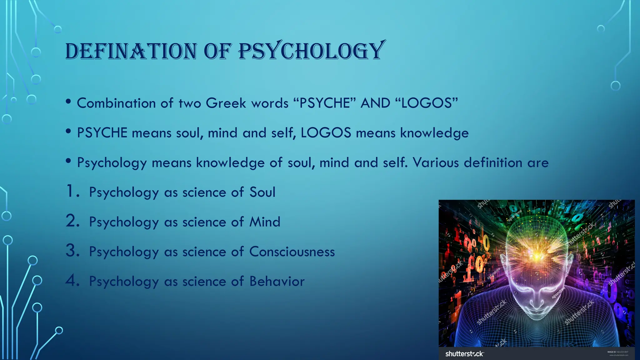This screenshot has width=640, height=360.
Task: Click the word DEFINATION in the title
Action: coord(131,51)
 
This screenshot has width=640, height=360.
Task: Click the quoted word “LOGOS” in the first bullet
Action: coord(427,103)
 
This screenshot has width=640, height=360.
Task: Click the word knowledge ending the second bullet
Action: coord(434,133)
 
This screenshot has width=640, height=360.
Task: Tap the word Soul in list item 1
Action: coord(262,192)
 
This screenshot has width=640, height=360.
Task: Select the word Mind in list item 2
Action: coord(265,222)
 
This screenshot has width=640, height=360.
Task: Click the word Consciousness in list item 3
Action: coord(292,252)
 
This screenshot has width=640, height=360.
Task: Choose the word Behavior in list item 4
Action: coord(277,281)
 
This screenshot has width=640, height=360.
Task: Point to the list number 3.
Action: coord(72,251)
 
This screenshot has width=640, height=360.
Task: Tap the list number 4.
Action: coord(72,281)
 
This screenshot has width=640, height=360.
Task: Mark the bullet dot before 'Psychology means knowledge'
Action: coord(68,161)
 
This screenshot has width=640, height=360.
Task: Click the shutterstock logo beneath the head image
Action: coord(464,354)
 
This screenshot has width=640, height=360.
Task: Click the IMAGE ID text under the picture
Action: coord(617,352)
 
